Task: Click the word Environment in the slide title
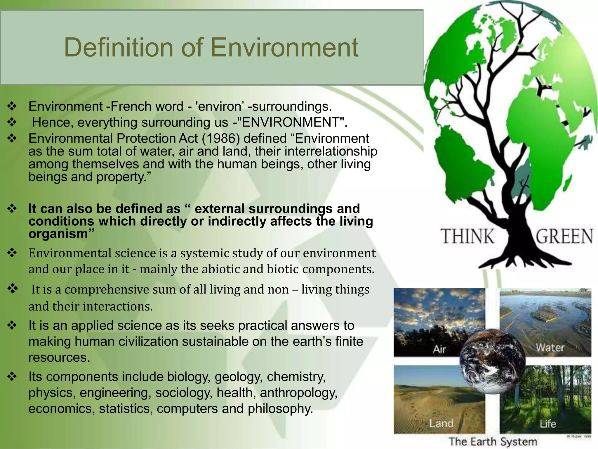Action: (284, 47)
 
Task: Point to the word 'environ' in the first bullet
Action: (220, 106)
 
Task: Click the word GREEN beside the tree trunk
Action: (564, 236)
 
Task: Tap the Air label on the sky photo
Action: (439, 349)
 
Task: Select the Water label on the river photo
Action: (550, 348)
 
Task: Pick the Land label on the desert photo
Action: (441, 423)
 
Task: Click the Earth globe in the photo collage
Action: (492, 361)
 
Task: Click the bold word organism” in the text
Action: (61, 234)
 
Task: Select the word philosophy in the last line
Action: (280, 409)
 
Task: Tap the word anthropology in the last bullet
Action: (299, 393)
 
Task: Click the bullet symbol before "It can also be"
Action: (12, 208)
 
